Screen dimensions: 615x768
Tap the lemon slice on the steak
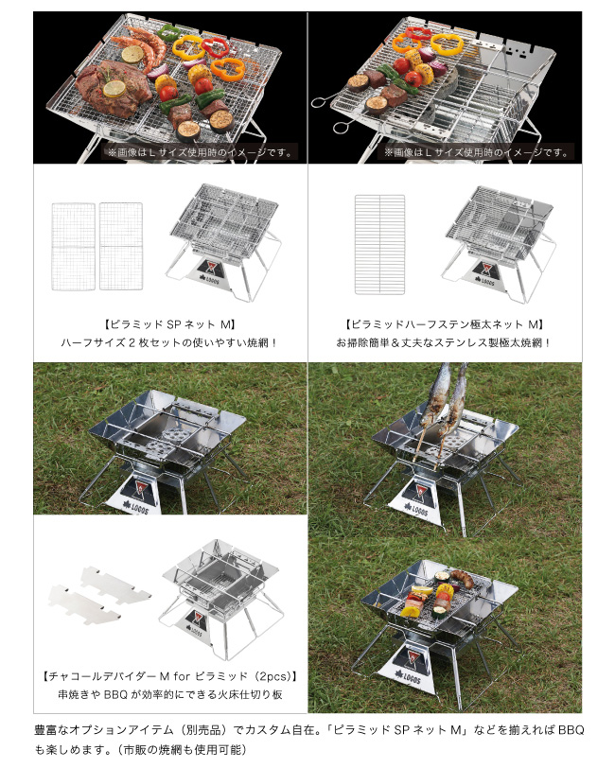[114, 89]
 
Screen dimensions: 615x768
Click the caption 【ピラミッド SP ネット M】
[170, 324]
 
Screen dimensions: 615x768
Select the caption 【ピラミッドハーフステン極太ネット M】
[445, 324]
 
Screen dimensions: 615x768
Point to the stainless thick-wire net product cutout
[379, 244]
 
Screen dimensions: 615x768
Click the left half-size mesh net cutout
[74, 246]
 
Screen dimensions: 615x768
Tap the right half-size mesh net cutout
[121, 246]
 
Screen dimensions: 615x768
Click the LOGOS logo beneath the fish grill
[416, 510]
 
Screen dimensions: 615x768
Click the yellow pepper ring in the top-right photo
[447, 44]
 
